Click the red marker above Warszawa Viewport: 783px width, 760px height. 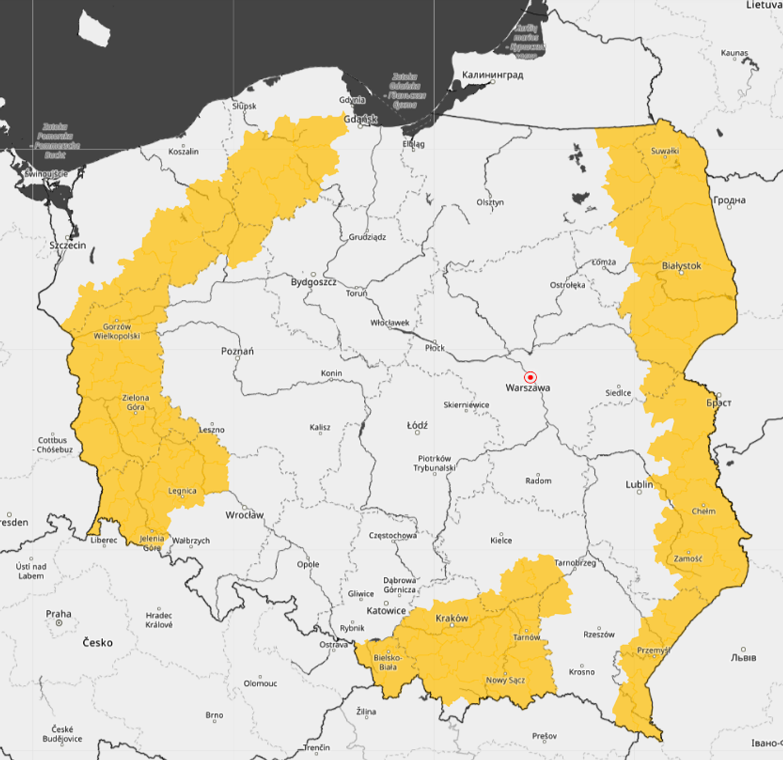530,377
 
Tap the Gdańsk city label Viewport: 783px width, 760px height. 361,119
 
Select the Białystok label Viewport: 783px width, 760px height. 681,266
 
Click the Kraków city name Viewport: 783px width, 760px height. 452,618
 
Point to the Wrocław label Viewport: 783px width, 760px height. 245,515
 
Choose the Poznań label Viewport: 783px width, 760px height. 237,351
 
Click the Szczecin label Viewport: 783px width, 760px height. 68,245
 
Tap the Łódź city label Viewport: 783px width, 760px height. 417,426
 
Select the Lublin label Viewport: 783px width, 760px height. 639,484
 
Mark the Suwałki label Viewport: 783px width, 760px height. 665,151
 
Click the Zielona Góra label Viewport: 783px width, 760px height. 135,402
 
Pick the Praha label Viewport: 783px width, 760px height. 58,614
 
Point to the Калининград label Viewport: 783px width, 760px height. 492,75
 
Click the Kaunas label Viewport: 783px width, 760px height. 734,53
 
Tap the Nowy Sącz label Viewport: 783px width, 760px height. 506,680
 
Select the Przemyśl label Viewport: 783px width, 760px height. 652,650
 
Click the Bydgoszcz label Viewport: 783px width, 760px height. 313,282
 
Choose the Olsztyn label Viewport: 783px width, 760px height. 490,203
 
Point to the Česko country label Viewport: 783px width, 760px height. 98,643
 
